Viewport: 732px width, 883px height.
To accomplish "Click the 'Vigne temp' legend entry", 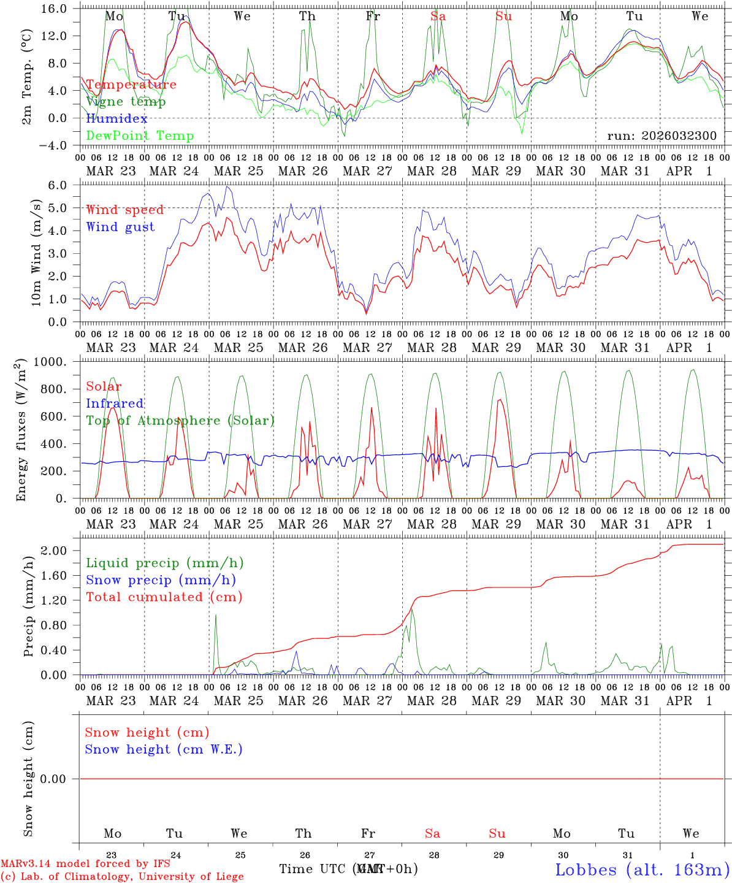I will click(x=126, y=102).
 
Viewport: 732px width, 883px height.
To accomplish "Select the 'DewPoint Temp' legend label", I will click(x=140, y=136).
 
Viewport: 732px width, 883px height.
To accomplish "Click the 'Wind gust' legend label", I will click(x=120, y=227).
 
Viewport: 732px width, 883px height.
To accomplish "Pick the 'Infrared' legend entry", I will click(x=115, y=403).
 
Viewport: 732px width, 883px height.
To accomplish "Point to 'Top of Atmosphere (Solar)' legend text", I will click(x=180, y=421).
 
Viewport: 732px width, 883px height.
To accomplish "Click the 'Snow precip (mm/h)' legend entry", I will click(x=161, y=580).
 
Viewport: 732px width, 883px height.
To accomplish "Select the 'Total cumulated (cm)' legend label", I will click(x=164, y=597).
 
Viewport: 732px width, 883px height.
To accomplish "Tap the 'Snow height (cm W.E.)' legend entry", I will click(x=164, y=749).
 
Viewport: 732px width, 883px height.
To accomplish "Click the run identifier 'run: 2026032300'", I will click(x=661, y=136).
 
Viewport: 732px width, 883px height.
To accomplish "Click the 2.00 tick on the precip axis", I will click(x=60, y=551).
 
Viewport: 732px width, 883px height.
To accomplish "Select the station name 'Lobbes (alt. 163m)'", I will click(x=642, y=870).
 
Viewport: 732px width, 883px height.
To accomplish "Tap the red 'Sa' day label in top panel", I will click(x=438, y=17).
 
